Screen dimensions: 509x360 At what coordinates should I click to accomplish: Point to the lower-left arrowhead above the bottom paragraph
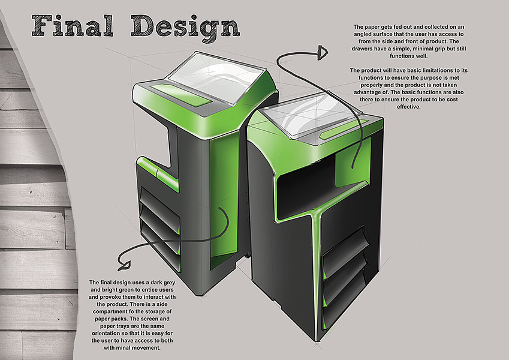126,263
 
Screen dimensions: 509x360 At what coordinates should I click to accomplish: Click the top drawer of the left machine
159,198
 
